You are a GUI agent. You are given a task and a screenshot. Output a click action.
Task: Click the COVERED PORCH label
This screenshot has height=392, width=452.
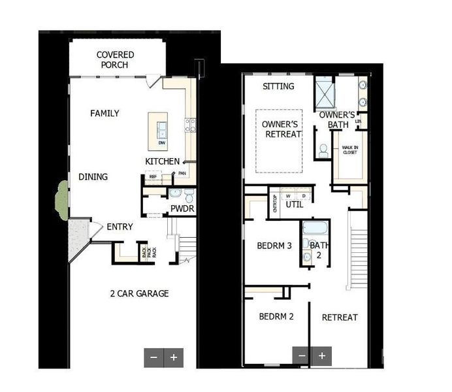click(x=116, y=60)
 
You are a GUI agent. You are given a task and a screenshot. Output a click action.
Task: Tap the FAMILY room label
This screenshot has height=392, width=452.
click(x=105, y=114)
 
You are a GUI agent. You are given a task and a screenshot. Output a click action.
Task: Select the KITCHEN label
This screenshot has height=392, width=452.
click(x=162, y=161)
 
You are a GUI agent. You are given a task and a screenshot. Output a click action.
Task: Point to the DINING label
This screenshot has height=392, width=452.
click(x=93, y=177)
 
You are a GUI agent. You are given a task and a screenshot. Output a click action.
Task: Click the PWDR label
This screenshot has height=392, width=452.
click(x=182, y=209)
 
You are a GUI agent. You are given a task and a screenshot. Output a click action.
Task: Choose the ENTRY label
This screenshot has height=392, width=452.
click(x=120, y=227)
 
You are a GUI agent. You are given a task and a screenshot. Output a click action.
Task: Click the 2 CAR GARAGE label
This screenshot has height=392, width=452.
click(x=139, y=294)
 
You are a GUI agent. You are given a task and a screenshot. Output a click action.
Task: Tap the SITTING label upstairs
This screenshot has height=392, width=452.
click(x=278, y=86)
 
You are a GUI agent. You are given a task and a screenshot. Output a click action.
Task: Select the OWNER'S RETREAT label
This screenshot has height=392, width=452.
click(x=280, y=129)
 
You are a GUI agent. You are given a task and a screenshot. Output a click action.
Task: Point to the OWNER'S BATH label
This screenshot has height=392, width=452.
click(x=338, y=120)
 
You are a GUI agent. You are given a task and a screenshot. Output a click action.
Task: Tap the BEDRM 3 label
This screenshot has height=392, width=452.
click(x=274, y=246)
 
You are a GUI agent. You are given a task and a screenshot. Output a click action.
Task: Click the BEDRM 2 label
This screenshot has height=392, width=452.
click(x=276, y=317)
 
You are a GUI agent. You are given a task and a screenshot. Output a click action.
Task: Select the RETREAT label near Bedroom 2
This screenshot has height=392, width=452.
click(x=340, y=318)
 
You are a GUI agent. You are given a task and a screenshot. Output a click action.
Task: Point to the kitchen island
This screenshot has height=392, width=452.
click(x=157, y=129)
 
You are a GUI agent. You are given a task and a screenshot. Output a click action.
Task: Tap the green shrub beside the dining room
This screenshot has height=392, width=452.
click(x=63, y=199)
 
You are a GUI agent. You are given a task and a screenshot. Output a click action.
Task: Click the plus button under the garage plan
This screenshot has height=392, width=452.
click(x=174, y=357)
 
